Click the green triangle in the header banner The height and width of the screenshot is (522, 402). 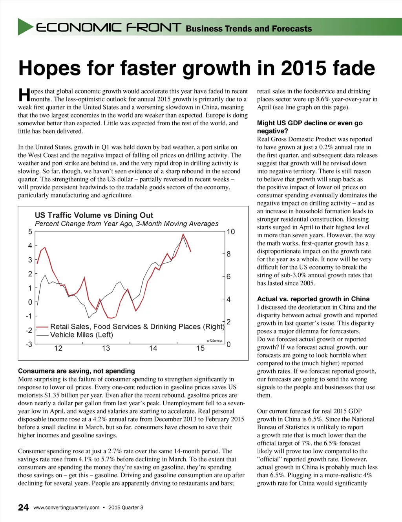[x=25, y=27]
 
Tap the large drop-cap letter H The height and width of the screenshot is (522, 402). [x=24, y=95]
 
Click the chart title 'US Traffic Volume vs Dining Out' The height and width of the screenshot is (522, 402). [x=94, y=215]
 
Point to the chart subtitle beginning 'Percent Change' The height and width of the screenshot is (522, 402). [x=126, y=224]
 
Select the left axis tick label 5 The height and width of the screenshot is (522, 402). [x=30, y=232]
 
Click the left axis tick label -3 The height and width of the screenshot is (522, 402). [x=29, y=344]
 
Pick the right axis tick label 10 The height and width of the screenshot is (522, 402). [x=231, y=232]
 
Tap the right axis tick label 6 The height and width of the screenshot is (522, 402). [x=228, y=277]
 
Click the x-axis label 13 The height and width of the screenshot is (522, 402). [x=106, y=348]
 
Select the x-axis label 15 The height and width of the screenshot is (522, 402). [x=200, y=348]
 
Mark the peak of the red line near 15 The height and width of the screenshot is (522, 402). [x=183, y=234]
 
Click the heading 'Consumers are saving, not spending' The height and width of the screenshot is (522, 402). [x=77, y=371]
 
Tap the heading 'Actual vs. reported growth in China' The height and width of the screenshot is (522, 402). [x=313, y=299]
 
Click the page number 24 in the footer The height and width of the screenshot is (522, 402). [x=23, y=507]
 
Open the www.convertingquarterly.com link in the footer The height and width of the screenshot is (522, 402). [x=66, y=507]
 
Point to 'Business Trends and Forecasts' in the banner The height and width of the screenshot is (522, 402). [x=249, y=29]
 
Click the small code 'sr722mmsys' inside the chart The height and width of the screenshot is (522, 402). [x=214, y=341]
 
